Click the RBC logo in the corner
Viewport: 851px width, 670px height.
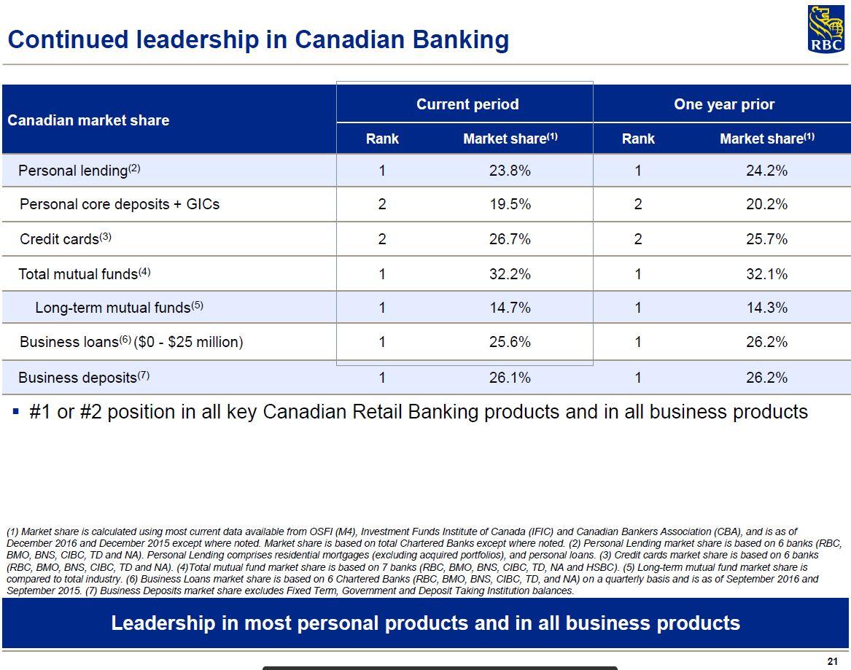825,29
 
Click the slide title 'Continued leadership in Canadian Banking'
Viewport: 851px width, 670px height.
258,39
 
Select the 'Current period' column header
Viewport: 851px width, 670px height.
467,104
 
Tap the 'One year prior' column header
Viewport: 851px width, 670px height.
724,104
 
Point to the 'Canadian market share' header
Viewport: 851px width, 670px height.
88,120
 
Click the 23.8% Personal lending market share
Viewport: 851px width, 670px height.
510,171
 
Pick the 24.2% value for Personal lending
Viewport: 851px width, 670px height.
766,171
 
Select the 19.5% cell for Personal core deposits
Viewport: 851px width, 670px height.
510,204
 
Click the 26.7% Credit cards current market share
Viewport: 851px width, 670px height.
510,239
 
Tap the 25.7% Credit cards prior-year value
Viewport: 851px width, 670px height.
766,239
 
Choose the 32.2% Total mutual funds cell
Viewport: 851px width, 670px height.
510,274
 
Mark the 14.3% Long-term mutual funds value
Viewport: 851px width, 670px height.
766,308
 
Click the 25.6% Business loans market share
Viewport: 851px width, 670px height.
510,342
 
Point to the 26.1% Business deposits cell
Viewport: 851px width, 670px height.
510,378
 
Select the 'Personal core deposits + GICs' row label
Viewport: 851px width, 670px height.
120,204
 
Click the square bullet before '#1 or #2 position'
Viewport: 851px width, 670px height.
16,412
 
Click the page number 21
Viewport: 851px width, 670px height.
833,661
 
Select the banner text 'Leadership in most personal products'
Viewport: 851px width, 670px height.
425,623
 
